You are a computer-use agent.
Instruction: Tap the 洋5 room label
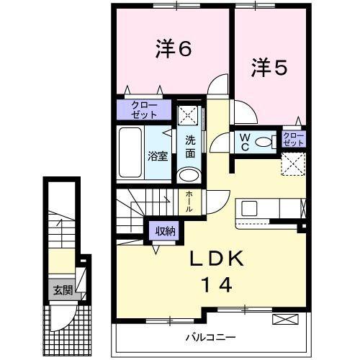pos(269,68)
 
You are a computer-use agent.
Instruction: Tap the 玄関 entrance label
pos(61,290)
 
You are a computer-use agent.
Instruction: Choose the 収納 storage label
pos(163,231)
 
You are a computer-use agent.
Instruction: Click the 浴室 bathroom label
pos(158,155)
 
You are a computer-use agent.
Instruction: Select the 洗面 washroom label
pos(190,146)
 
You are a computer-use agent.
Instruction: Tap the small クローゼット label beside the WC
pos(294,139)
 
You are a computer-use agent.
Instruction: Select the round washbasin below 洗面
pos(189,175)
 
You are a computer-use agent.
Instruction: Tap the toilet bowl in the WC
pos(265,142)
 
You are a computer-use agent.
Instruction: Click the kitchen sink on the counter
pos(250,209)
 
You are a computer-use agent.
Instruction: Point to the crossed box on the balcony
pos(283,318)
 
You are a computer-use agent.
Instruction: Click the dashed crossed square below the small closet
pos(294,165)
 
